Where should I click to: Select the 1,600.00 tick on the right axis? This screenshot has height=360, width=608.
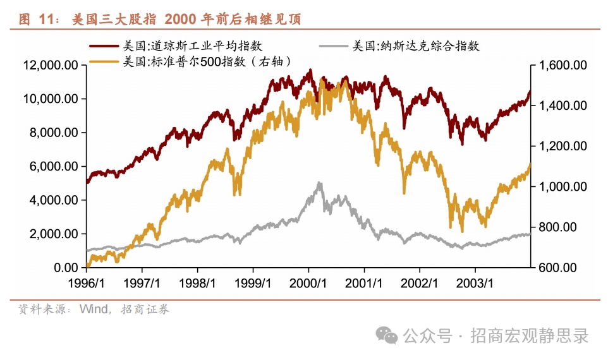tap(562, 65)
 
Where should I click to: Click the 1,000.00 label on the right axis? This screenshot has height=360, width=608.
tap(562, 187)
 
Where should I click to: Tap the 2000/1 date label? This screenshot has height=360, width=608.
tap(309, 283)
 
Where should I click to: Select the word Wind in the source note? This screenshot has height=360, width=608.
tap(94, 309)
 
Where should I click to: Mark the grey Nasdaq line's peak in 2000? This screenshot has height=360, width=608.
tap(319, 183)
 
